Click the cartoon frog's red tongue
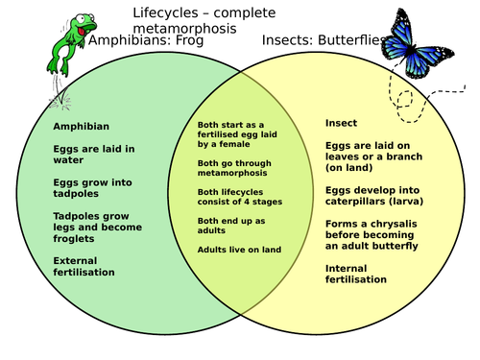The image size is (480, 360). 82,32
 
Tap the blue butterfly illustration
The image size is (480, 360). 416,45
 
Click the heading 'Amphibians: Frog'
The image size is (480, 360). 146,40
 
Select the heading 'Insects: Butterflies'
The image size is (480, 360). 324,40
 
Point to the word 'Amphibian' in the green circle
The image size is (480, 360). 82,127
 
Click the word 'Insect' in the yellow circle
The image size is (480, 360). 341,123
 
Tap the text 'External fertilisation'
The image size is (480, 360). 84,266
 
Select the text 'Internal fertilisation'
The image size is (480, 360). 356,274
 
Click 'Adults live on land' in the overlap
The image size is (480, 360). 239,250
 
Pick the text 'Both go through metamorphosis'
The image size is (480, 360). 234,168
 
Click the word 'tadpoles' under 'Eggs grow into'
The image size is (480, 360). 76,194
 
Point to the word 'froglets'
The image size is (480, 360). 74,239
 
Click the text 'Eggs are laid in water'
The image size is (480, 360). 94,155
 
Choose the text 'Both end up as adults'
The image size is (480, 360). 231,226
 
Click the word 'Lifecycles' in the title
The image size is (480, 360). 165,13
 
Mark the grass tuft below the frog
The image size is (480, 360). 60,99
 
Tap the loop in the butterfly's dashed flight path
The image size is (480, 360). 405,99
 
